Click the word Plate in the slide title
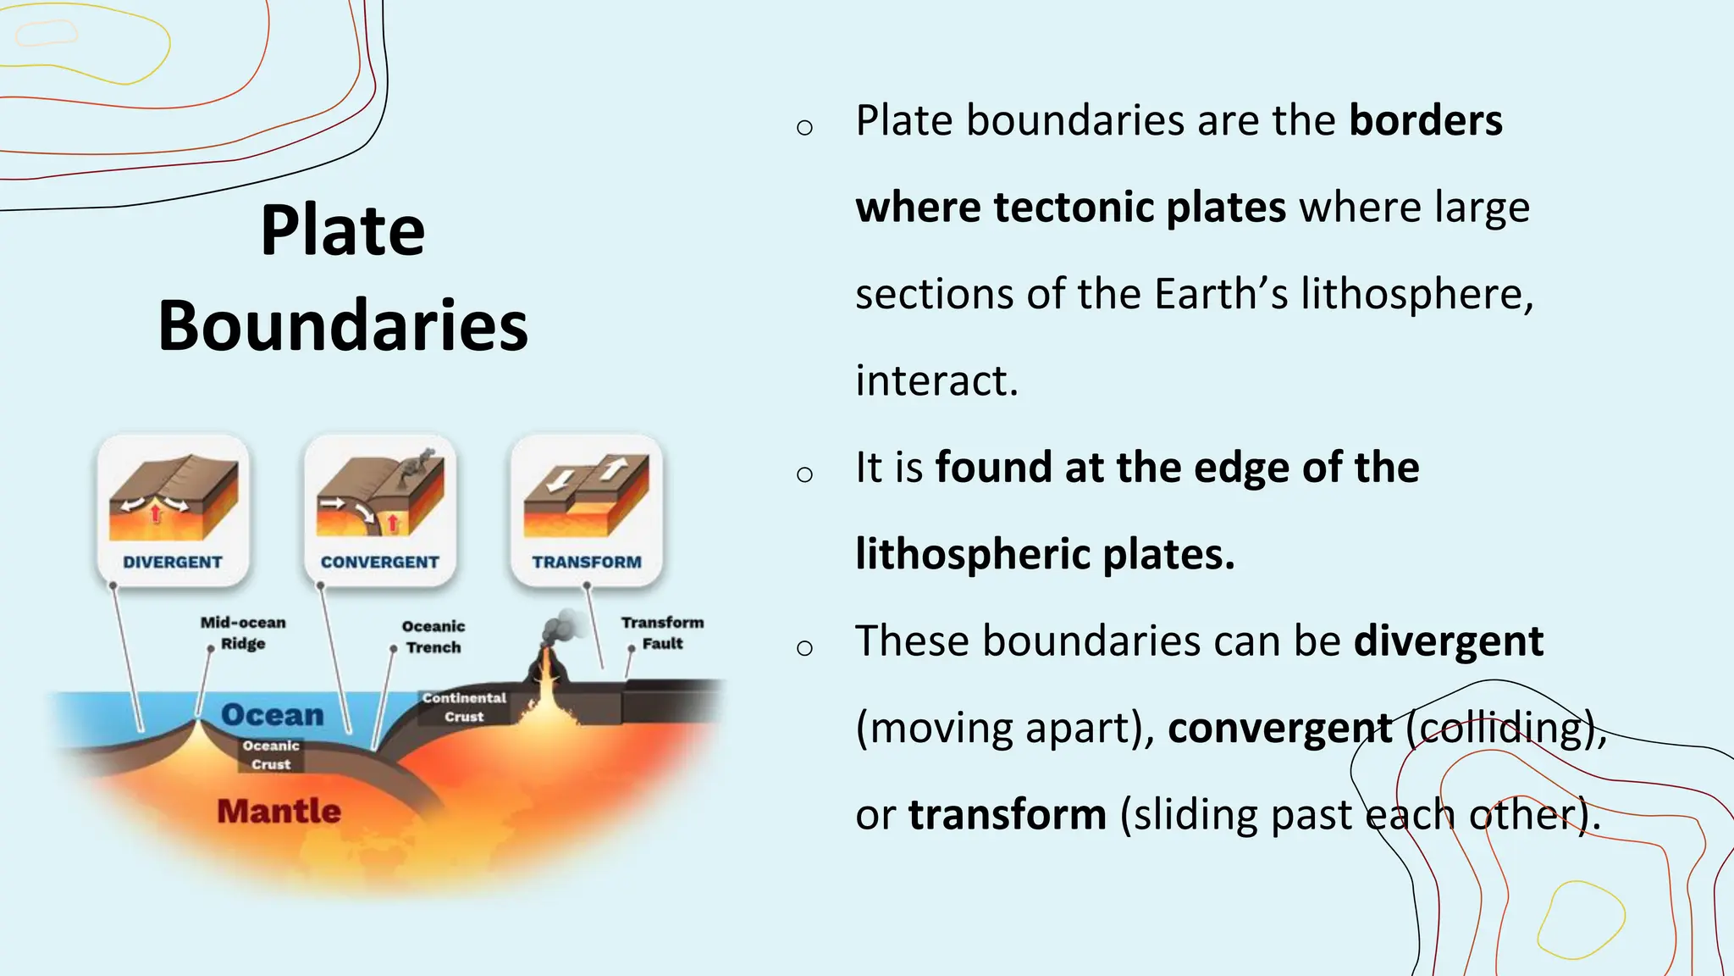point(342,230)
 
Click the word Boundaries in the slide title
point(342,326)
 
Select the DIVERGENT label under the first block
point(173,563)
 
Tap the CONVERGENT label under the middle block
point(379,563)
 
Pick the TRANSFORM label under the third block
point(587,563)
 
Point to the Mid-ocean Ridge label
point(243,633)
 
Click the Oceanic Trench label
point(433,636)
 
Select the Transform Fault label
point(662,633)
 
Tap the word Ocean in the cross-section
point(273,715)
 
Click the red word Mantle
point(279,812)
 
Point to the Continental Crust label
point(464,707)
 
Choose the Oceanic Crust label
point(271,755)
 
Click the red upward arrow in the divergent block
point(156,513)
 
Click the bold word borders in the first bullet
point(1425,120)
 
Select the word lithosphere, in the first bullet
point(1416,294)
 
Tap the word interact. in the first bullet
point(936,380)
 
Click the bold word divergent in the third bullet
point(1448,641)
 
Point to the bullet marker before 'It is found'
point(804,474)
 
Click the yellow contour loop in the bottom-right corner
point(1580,920)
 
